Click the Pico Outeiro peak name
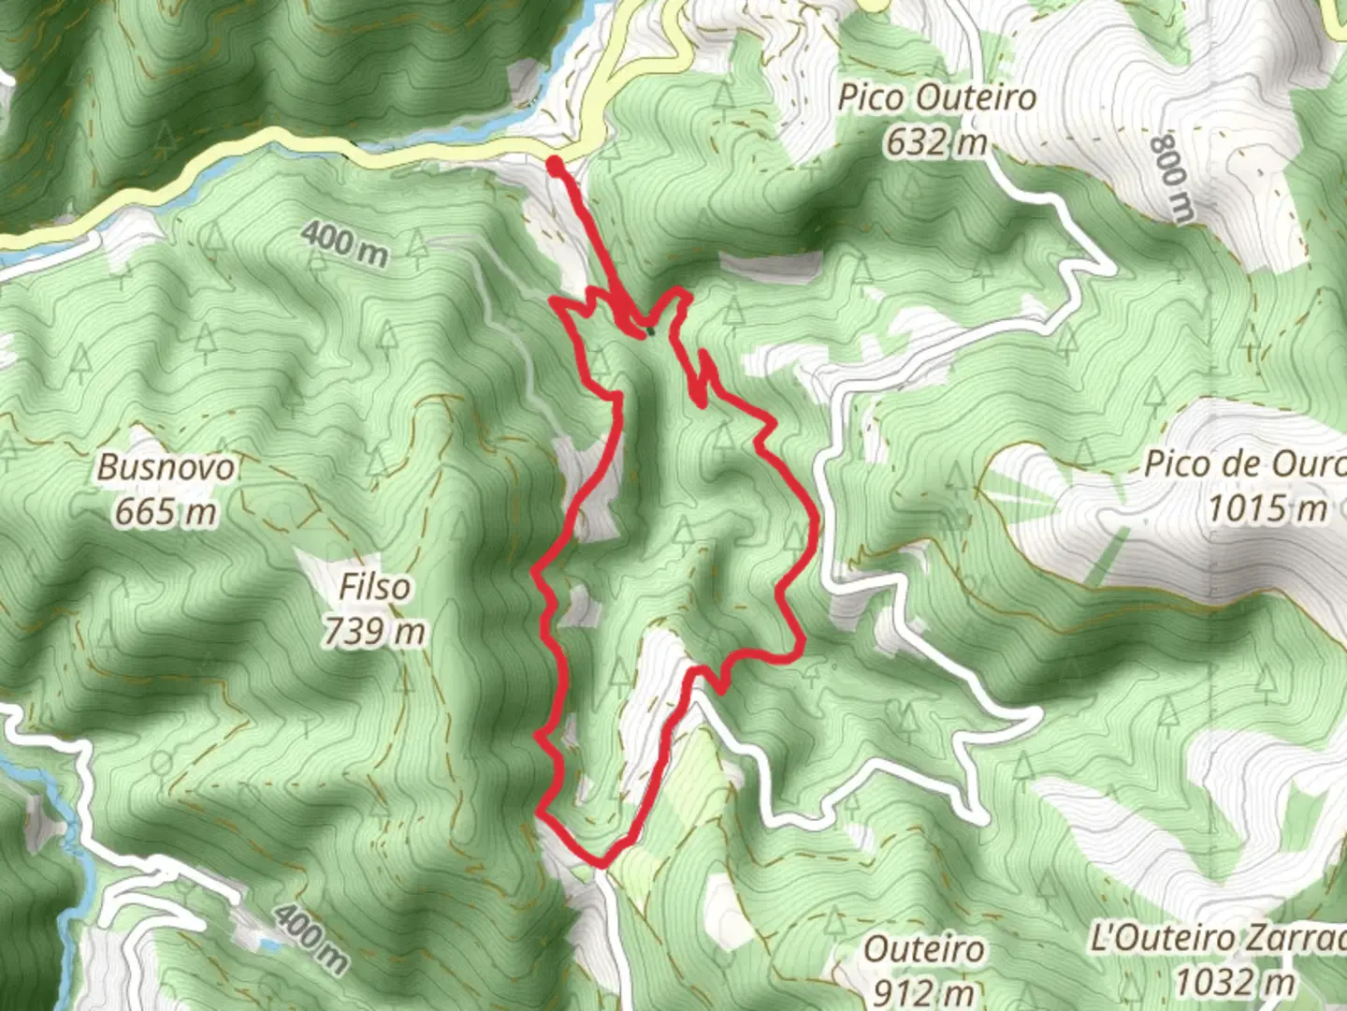coord(936,97)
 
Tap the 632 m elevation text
coord(936,142)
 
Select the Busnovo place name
coord(167,467)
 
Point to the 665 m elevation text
coord(167,512)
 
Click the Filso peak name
coord(374,587)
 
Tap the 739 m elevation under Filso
coord(374,632)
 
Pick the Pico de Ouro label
coord(1244,464)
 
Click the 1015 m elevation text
coord(1267,508)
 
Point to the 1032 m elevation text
coord(1235,983)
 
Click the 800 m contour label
coord(1173,178)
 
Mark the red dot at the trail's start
coord(555,166)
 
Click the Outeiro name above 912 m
coord(923,948)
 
